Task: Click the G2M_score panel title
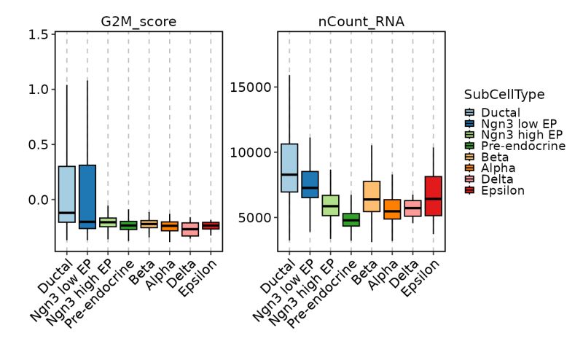138,22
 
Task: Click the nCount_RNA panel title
361,22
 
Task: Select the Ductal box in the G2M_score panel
67,194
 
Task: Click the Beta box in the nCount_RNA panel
372,196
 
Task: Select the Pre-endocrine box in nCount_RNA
351,219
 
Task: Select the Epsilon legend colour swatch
469,190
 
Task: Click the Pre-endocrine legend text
523,146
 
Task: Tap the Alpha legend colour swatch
469,168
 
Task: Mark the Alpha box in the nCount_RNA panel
392,209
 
